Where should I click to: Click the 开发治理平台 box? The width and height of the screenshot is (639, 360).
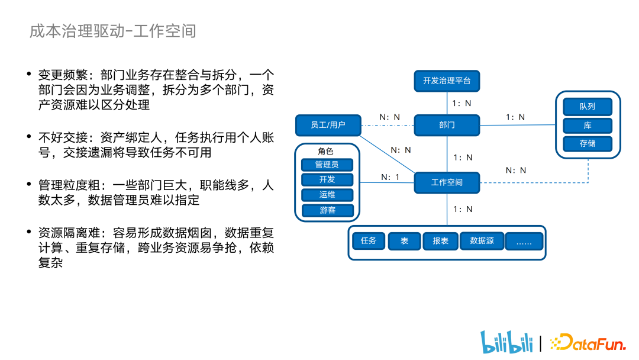point(447,81)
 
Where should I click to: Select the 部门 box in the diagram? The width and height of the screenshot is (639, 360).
point(447,125)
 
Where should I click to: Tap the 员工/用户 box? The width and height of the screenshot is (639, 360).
point(327,125)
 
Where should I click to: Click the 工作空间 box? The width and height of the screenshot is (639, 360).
point(447,182)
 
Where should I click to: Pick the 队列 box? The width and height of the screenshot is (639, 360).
point(587,107)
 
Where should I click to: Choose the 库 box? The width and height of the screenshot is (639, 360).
point(587,126)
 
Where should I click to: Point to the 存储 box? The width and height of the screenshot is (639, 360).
point(587,143)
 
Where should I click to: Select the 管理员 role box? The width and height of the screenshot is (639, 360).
point(327,165)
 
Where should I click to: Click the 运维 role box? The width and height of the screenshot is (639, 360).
point(327,195)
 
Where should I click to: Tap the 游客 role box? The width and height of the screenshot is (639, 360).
point(327,210)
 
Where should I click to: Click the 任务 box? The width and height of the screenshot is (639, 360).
point(369,241)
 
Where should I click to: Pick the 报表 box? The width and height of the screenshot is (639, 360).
point(440,241)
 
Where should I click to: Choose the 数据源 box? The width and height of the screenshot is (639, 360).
point(482,241)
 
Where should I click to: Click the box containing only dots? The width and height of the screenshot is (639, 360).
point(524,241)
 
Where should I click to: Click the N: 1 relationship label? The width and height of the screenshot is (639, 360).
point(390,177)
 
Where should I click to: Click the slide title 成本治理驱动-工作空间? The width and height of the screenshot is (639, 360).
point(112,31)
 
